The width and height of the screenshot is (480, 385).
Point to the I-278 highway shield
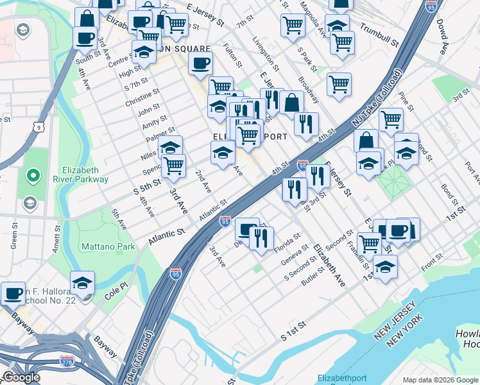coord(67,361)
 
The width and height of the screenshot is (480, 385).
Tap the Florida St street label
coord(287,241)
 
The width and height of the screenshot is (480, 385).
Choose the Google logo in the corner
coord(21,378)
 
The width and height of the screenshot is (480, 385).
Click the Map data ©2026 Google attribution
coord(440,380)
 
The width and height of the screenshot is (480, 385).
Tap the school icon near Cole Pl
coord(82,283)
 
